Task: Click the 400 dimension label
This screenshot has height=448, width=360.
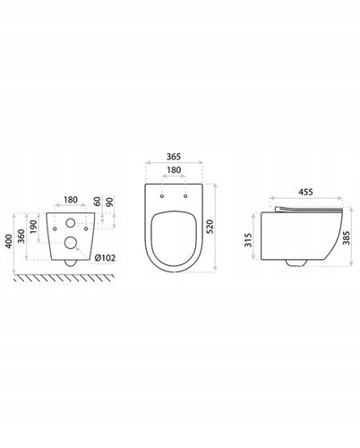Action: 9,241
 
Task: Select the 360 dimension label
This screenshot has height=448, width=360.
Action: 21,237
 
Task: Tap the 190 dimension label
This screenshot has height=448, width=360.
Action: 33,227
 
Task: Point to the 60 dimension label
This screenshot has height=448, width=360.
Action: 98,202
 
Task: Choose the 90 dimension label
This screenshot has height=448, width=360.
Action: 110,202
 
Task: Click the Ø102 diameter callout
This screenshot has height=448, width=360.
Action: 105,258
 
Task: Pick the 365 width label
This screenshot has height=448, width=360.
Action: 174,156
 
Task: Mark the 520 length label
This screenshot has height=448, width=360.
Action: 210,227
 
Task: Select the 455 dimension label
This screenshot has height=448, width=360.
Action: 306,192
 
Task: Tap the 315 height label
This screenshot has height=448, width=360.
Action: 248,240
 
